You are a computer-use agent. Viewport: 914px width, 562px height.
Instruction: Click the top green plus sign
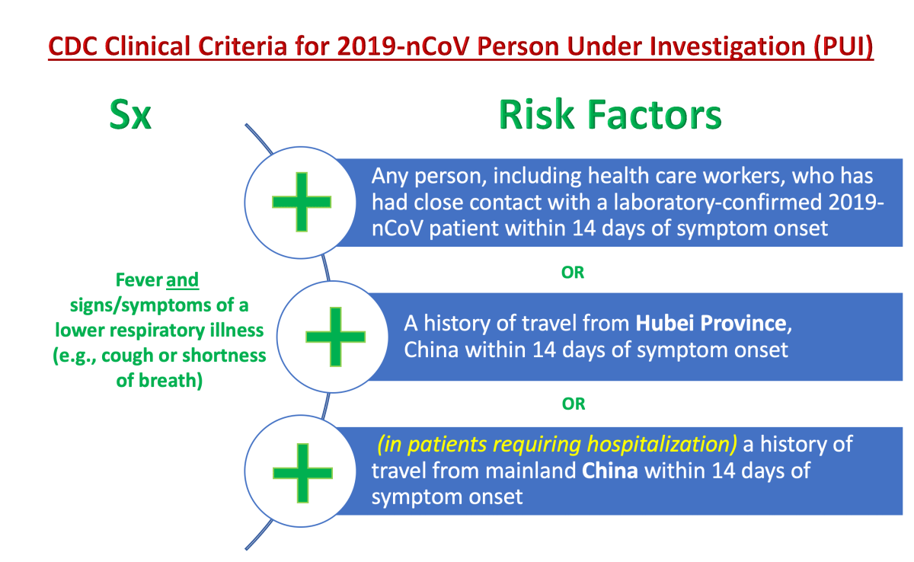302,202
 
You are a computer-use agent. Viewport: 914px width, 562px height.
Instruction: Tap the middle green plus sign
335,337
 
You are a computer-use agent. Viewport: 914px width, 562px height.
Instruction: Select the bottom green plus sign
302,473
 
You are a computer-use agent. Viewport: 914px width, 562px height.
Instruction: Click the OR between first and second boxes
573,273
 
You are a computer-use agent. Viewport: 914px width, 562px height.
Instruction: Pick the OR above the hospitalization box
574,404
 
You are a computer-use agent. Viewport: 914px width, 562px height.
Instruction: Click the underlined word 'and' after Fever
182,280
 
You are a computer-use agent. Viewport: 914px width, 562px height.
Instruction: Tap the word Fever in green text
139,280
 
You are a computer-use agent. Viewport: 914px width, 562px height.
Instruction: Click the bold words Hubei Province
711,324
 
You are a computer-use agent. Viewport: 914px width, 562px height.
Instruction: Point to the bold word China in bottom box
609,471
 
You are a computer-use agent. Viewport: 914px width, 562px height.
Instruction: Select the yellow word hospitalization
659,445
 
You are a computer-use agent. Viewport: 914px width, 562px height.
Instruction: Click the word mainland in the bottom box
530,471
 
